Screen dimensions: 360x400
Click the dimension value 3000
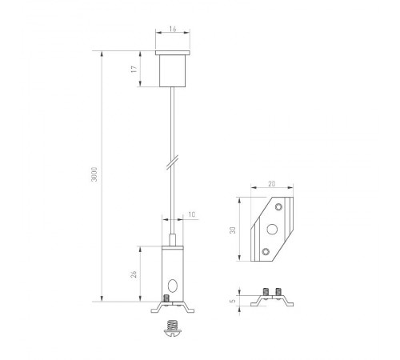[x=94, y=177]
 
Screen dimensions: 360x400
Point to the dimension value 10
[x=191, y=214]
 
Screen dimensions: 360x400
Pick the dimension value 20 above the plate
[x=272, y=184]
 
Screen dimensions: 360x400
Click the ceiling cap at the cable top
[x=173, y=70]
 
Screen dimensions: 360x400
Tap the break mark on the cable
[x=171, y=164]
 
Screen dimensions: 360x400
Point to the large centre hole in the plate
[x=271, y=229]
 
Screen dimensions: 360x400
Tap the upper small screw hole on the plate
[x=278, y=206]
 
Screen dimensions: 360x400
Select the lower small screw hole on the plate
[x=265, y=252]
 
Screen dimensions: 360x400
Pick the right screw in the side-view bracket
[x=280, y=292]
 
